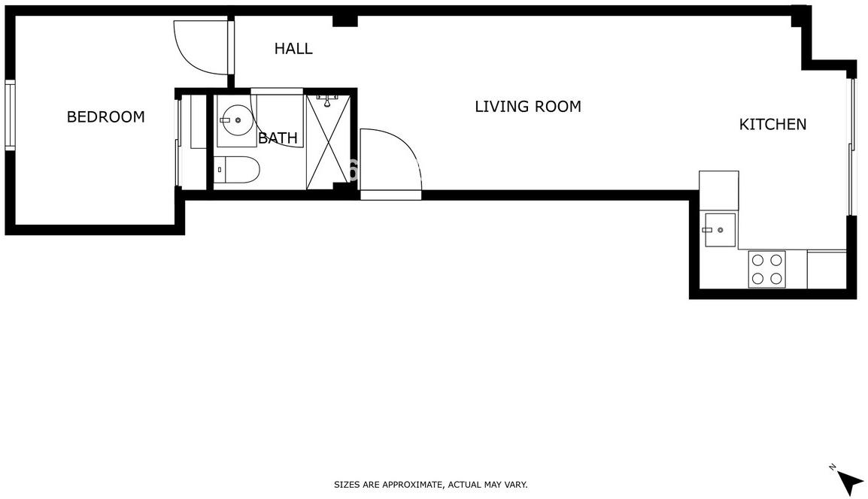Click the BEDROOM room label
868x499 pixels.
coord(106,116)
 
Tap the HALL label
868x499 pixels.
coord(293,49)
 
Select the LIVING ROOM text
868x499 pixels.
coord(528,106)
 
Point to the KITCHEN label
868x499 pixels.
coord(772,124)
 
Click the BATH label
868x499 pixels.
coord(278,138)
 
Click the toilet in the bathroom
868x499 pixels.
coord(236,170)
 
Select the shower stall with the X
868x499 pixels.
coord(328,141)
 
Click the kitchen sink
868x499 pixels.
coord(720,230)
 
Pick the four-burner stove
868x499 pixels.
coord(766,270)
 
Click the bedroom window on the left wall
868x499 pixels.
coord(10,115)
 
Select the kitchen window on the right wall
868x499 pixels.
coord(851,147)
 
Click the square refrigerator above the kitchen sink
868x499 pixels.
coord(719,191)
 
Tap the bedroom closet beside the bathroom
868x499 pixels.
coord(194,141)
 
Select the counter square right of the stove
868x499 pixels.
coord(827,270)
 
